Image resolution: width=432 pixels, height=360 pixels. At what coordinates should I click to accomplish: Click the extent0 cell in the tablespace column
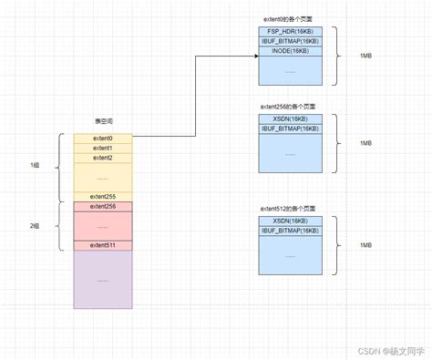102,138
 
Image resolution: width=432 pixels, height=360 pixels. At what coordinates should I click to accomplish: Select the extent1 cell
102,148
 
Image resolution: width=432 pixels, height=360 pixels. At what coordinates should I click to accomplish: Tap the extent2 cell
102,158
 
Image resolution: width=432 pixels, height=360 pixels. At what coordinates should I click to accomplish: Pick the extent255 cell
102,196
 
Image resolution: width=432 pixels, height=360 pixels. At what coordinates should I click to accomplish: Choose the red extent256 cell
102,207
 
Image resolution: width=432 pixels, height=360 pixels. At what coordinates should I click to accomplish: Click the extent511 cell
102,245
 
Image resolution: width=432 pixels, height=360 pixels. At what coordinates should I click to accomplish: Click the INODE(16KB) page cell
291,52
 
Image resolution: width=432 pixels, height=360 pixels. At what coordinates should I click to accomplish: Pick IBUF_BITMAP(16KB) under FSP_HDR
291,42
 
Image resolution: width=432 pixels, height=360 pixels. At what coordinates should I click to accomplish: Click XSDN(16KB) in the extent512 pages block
291,221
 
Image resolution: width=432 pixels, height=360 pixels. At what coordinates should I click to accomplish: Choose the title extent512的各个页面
290,208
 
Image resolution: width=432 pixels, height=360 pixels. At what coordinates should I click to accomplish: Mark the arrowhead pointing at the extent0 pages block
255,57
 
